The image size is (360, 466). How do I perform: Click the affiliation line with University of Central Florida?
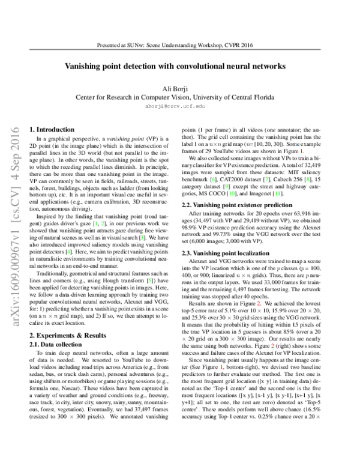(x=179, y=96)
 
